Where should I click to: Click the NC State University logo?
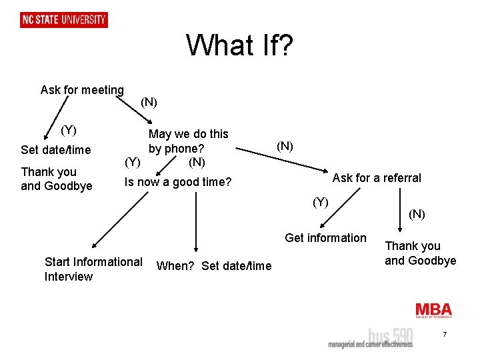coord(64,19)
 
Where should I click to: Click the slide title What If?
coord(239,45)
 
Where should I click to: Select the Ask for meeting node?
coord(82,89)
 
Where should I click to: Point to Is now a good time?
coord(178,181)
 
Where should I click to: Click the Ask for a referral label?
coord(377,177)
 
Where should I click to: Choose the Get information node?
coord(325,237)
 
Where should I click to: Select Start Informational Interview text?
coord(93,269)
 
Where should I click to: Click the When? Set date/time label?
coord(213,266)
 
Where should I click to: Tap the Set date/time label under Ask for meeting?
coord(56,150)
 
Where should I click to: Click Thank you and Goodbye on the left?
coord(57,179)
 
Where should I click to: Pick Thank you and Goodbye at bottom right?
coord(421,253)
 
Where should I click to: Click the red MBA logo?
coord(433,310)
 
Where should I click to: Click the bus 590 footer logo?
coord(370,337)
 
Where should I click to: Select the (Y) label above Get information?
coord(321,201)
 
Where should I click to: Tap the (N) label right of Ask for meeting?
coord(149,102)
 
